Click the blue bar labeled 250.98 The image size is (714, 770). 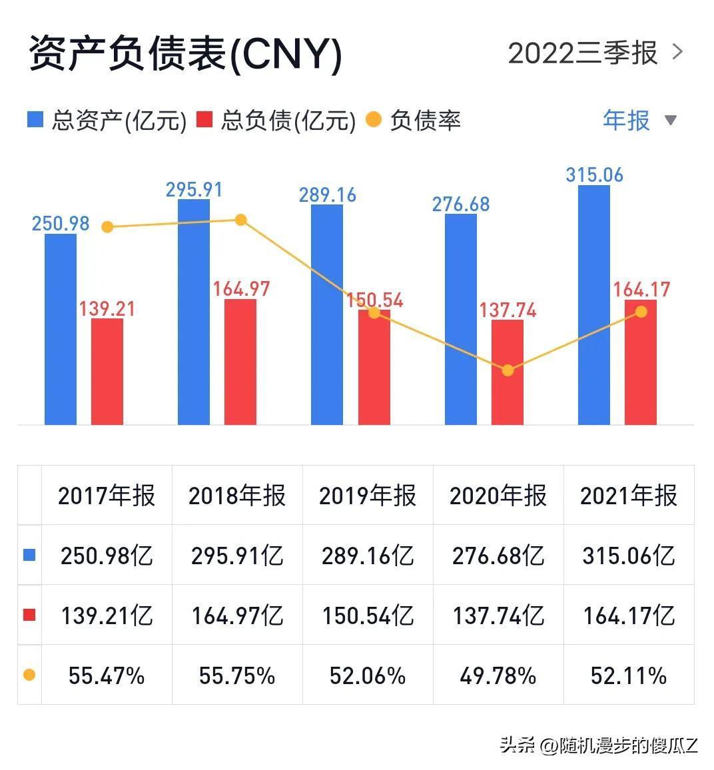pos(61,329)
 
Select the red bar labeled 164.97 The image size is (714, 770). pos(240,362)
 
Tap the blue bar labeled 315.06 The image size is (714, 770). pos(593,305)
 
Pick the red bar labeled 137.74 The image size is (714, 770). pos(508,372)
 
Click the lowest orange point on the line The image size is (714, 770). pos(508,370)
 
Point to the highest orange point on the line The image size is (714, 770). pos(241,220)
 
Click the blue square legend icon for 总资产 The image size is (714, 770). pos(35,121)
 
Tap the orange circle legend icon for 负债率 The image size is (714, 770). pos(374,121)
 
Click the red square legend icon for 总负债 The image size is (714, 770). pos(204,121)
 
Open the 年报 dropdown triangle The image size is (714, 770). pos(671,121)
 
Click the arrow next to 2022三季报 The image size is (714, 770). pos(678,52)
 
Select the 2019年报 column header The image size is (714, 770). pos(368,496)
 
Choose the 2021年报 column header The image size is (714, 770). pos(629,496)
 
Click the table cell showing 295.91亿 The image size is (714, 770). pos(237,556)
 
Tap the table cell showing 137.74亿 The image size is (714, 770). pos(498,615)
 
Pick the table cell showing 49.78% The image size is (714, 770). pos(498,676)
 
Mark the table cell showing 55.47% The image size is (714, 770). pos(107,676)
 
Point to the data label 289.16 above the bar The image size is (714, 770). pos(328,195)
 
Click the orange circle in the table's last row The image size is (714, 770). pos(29,675)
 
